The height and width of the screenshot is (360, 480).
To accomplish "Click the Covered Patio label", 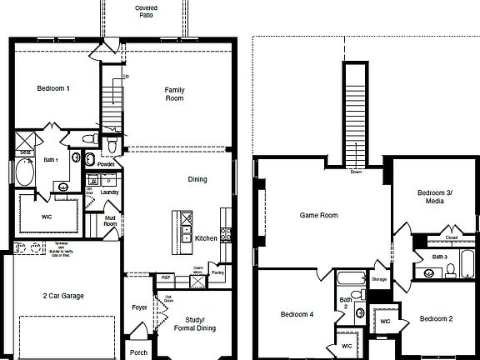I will click(147, 11).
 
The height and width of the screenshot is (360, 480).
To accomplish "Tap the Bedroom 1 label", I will click(53, 88).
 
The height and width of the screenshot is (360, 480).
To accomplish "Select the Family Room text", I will click(174, 93).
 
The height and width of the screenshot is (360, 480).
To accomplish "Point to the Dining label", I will click(197, 179).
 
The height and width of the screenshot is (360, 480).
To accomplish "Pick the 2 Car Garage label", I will click(63, 295).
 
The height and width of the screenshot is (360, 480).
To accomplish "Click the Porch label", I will click(139, 352).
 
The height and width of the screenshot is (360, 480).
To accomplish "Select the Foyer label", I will click(139, 307).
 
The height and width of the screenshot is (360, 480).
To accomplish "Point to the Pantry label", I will click(218, 272).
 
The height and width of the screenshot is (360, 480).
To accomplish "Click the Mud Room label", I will click(110, 220).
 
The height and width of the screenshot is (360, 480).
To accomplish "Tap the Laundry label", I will click(109, 192).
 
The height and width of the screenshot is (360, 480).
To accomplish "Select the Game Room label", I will click(318, 215).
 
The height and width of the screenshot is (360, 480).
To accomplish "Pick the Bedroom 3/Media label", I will click(434, 197).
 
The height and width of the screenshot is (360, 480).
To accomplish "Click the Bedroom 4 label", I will click(297, 314).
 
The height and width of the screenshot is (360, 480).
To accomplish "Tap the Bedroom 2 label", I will click(436, 319).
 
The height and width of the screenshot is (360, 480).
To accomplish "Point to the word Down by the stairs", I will click(356, 172).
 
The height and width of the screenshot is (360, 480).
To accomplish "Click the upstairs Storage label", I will click(379, 279).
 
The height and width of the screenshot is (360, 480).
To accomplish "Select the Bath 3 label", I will click(440, 257).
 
